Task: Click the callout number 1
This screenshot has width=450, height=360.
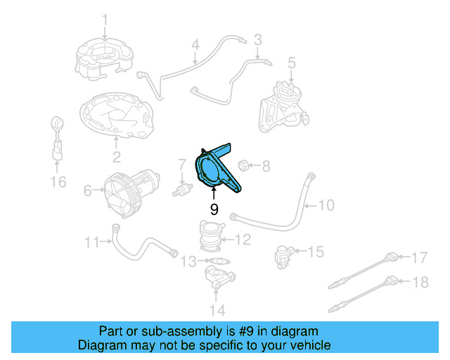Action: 105,18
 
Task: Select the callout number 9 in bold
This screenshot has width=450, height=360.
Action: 214,209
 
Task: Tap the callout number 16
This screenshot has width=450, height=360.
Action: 58,183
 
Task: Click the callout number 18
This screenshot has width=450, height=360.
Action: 419,283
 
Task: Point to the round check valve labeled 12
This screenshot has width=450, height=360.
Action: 210,236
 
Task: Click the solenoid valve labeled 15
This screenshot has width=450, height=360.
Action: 283,255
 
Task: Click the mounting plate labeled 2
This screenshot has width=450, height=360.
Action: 115,117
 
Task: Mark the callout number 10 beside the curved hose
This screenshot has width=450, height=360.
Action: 326,206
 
